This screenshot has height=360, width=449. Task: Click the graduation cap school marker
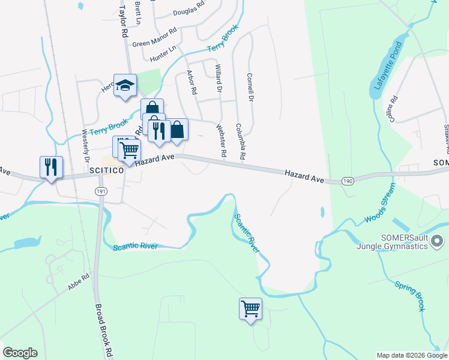125,86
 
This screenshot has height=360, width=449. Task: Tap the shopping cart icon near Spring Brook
250,309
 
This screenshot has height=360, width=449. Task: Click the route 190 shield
347,180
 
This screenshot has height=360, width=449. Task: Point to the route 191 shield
100,190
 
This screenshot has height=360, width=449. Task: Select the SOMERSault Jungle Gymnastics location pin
437,241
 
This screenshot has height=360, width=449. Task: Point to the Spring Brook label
409,294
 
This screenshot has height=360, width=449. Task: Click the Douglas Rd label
188,11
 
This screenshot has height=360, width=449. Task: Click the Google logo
20,353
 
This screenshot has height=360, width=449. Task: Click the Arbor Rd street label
192,83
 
